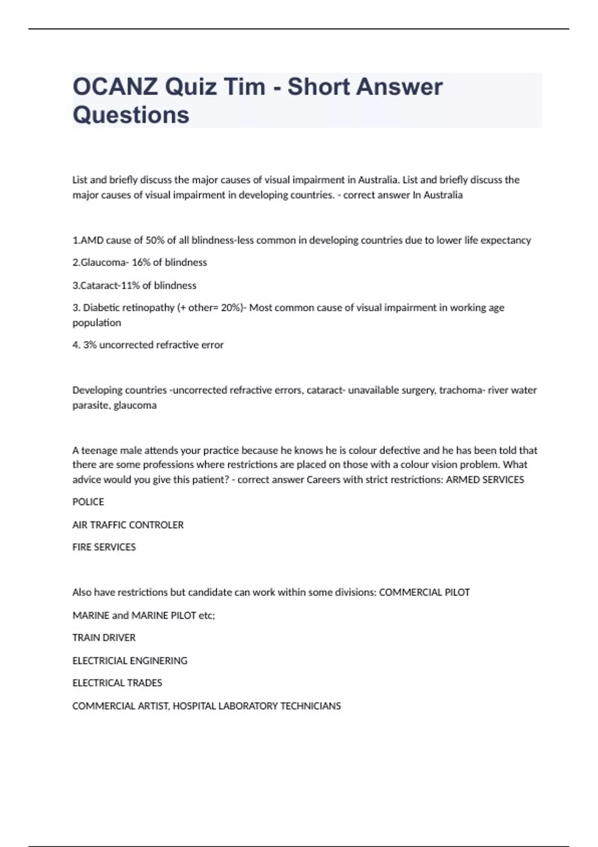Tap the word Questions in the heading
131,115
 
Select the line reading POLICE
88,502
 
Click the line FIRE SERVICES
104,547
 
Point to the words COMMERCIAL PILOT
424,592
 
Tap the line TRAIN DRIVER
104,638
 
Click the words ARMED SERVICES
485,480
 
